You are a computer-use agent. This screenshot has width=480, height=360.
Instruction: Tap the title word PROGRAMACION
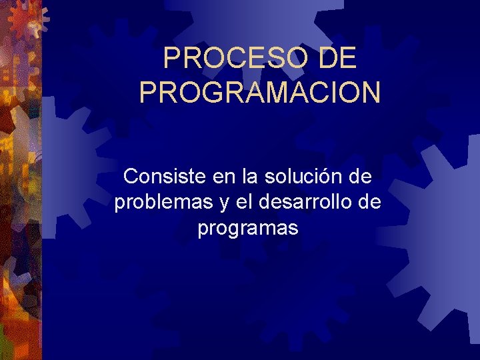pos(260,92)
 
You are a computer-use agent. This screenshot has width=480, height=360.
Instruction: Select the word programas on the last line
pos(248,229)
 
